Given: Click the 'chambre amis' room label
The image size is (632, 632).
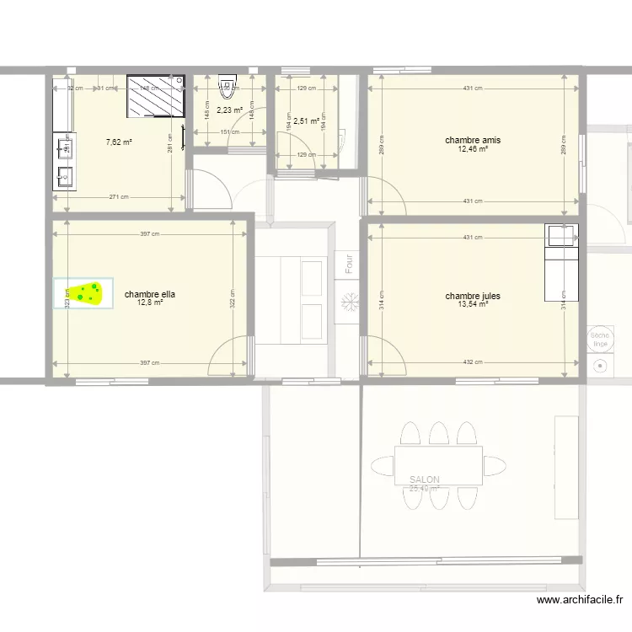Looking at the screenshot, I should pyautogui.click(x=474, y=140).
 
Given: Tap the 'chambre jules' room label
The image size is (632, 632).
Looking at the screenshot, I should pyautogui.click(x=474, y=297).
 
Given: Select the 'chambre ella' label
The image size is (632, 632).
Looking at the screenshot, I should pyautogui.click(x=150, y=295).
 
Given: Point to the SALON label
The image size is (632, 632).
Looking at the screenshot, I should pyautogui.click(x=425, y=479).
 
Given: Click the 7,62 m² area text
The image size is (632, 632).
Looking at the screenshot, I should pyautogui.click(x=119, y=142).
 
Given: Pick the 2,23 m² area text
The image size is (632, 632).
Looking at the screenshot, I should pyautogui.click(x=229, y=110).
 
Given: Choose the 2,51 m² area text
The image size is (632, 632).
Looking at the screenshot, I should pyautogui.click(x=306, y=121).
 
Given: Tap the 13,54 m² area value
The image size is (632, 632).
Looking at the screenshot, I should pyautogui.click(x=474, y=305).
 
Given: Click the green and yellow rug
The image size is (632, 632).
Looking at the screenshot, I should pyautogui.click(x=84, y=293).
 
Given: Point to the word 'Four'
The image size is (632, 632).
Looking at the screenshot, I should pyautogui.click(x=348, y=264).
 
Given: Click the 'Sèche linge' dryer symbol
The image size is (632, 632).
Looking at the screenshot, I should pyautogui.click(x=600, y=337).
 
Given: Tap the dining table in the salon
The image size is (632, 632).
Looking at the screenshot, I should pyautogui.click(x=438, y=465).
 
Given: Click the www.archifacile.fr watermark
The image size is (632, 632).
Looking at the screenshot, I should pyautogui.click(x=579, y=600).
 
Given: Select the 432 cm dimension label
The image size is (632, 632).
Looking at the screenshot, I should pyautogui.click(x=473, y=362).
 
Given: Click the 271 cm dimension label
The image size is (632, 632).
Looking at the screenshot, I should pyautogui.click(x=119, y=197).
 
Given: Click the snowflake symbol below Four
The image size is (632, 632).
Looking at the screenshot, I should pyautogui.click(x=347, y=301).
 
